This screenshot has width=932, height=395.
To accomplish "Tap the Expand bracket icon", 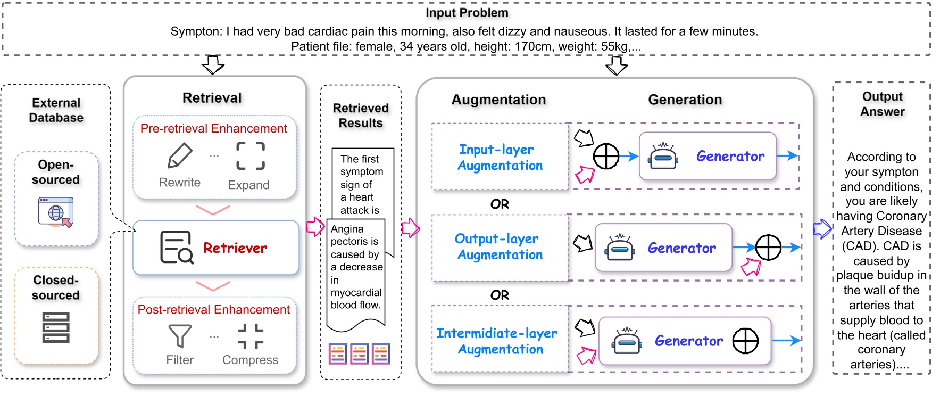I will [x=251, y=155].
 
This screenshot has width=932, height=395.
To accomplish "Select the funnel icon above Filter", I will [x=180, y=336].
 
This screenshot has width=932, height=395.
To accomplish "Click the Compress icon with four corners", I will [x=251, y=336].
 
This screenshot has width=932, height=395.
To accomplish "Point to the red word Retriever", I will [x=235, y=248].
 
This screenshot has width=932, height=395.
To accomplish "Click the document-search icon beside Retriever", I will [x=176, y=248].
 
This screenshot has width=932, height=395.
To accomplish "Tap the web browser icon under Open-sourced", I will [x=56, y=212].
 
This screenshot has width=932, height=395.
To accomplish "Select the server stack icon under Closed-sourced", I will [x=56, y=327].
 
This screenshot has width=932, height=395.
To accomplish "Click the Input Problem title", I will [x=467, y=13].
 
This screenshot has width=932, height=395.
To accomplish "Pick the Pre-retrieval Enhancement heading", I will [x=214, y=128].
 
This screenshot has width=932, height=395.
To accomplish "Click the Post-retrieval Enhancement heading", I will [x=214, y=309].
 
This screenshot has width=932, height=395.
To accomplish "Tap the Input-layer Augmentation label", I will [x=500, y=158].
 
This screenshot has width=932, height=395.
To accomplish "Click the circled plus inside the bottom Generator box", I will [x=745, y=341].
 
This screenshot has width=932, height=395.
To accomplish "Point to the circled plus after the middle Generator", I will [x=768, y=248].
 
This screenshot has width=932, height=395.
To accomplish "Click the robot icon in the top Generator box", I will [x=663, y=156].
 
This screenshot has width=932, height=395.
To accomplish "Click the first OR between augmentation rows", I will [x=500, y=204].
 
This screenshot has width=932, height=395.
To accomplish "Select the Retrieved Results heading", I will [x=361, y=116].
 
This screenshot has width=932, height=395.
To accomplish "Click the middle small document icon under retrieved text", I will [x=360, y=353].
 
